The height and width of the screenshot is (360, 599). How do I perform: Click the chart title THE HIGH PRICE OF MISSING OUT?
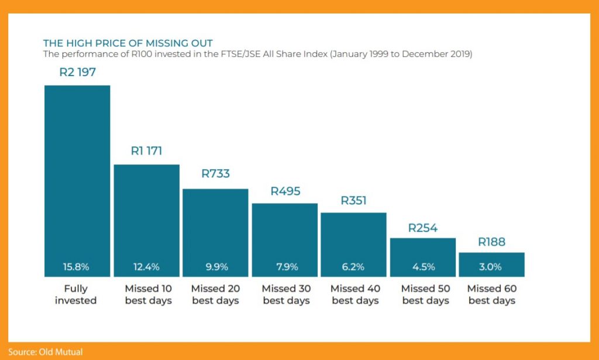pos(128,43)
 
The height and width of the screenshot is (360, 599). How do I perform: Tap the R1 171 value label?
pos(146,151)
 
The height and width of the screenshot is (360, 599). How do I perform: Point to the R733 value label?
pos(215,174)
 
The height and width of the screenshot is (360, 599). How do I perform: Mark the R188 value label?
pos(491,242)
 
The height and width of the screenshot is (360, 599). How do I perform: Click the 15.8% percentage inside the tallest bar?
pos(76,267)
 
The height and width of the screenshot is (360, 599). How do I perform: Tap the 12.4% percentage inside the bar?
pos(146,267)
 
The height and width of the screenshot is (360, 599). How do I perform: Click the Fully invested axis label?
pos(76,294)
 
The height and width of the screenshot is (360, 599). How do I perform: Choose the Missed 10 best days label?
pos(148,294)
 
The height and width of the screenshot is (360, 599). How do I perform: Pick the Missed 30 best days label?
pos(286,294)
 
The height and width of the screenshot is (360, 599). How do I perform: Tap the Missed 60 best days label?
pos(492,294)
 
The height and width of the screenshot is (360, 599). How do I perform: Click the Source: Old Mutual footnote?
pos(45,352)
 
